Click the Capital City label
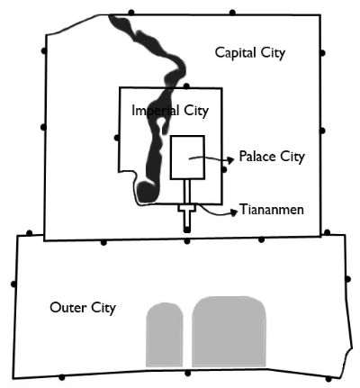(250, 53)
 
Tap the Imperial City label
(170, 111)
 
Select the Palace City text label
(272, 157)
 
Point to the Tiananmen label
(272, 210)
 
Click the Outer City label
(83, 308)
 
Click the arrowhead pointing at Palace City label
(230, 160)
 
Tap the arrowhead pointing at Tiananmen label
(234, 212)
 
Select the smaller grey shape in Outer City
(165, 335)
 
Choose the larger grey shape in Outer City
(229, 331)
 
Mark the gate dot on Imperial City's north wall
(186, 86)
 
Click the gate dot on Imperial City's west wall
(117, 138)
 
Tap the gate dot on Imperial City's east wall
(224, 170)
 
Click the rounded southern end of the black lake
(147, 193)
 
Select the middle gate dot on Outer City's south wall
(188, 374)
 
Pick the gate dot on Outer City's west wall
(13, 284)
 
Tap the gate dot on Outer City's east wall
(347, 279)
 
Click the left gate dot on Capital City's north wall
(131, 13)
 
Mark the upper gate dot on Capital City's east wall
(322, 53)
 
